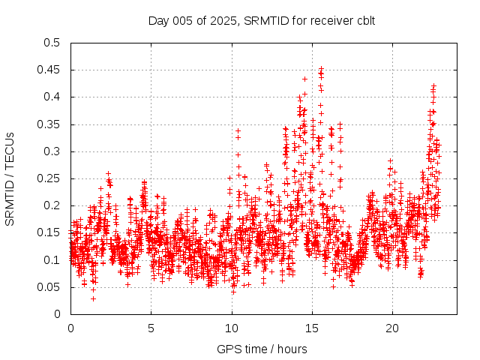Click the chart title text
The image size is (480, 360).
(x=261, y=20)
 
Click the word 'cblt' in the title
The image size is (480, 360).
(x=364, y=20)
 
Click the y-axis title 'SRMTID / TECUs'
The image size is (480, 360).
(x=10, y=178)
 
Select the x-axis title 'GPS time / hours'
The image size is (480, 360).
(x=261, y=349)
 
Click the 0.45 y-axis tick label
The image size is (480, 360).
(x=49, y=70)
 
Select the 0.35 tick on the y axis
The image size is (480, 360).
(x=49, y=124)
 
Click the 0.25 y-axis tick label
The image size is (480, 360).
(x=49, y=178)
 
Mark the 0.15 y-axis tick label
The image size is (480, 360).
(x=49, y=232)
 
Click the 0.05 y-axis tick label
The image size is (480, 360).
(x=49, y=287)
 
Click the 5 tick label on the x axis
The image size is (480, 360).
(x=151, y=328)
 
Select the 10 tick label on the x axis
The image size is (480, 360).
(x=231, y=328)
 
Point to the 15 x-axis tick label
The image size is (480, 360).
(x=311, y=328)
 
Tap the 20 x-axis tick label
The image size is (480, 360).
(x=391, y=328)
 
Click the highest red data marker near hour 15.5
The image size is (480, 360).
(x=321, y=69)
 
